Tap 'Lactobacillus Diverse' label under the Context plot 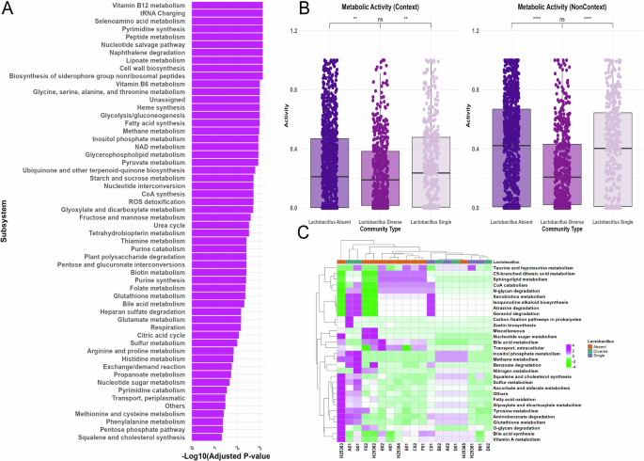point(380,221)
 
